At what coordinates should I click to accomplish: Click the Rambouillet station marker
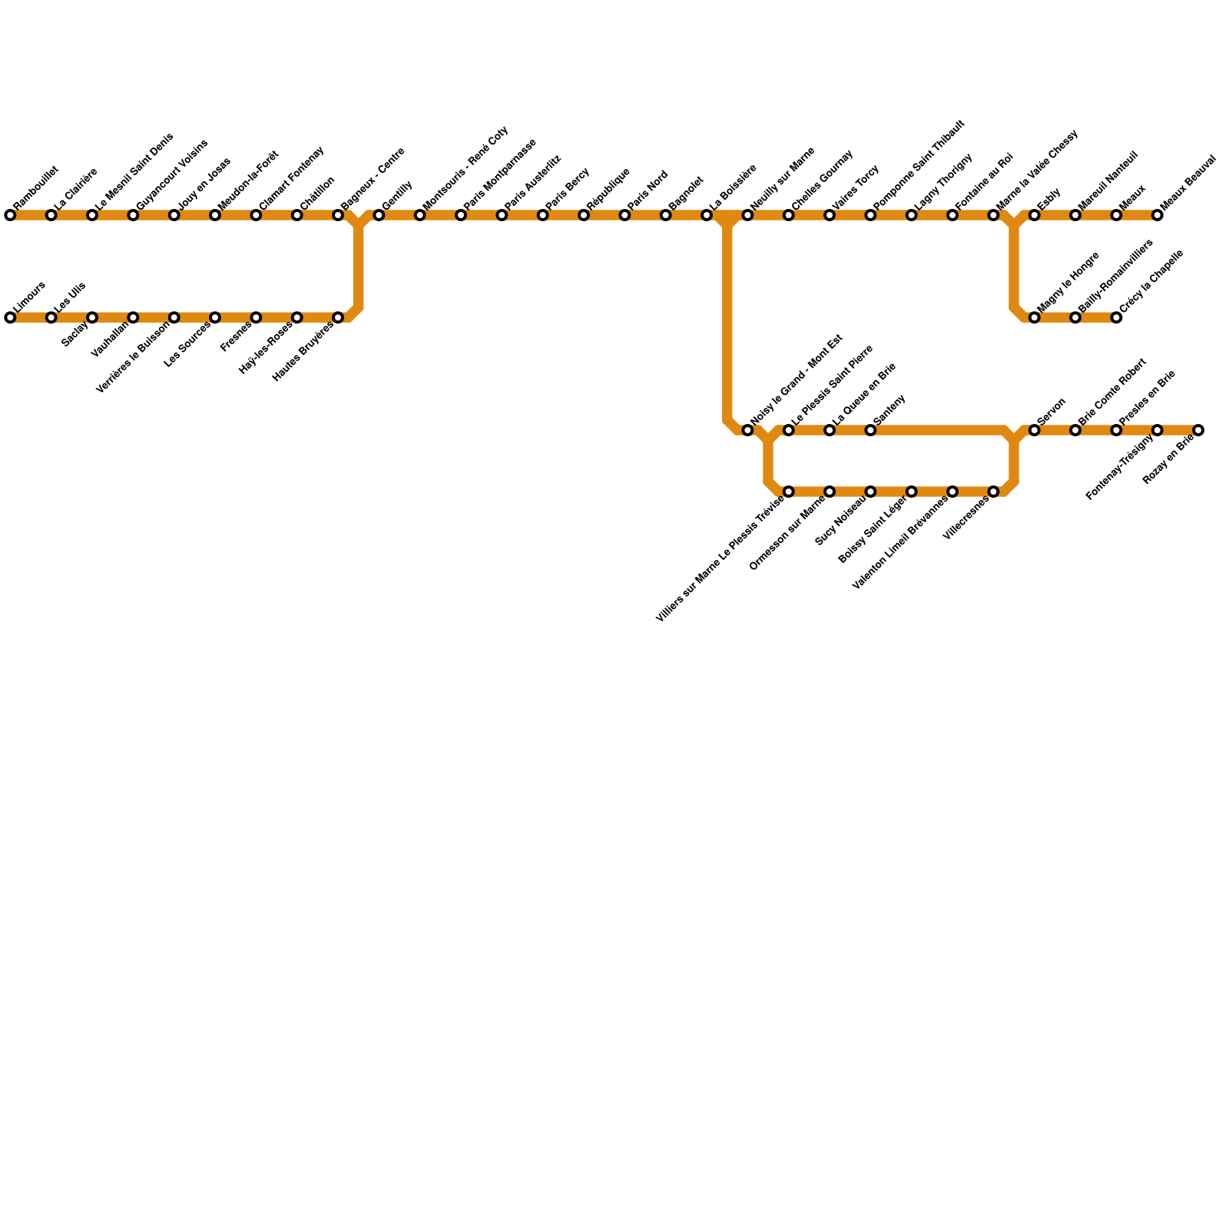pyautogui.click(x=10, y=215)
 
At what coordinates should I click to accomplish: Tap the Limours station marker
pyautogui.click(x=10, y=317)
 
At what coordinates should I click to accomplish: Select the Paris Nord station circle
pyautogui.click(x=624, y=215)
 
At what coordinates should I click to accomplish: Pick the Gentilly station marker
pyautogui.click(x=379, y=215)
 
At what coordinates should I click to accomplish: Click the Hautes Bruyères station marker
pyautogui.click(x=338, y=317)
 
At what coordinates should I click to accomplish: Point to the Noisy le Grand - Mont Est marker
pyautogui.click(x=747, y=430)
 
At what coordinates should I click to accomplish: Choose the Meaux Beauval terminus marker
pyautogui.click(x=1158, y=215)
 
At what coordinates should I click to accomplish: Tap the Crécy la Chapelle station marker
pyautogui.click(x=1116, y=317)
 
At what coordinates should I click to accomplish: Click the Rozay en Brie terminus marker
pyautogui.click(x=1198, y=430)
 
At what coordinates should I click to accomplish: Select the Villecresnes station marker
pyautogui.click(x=993, y=492)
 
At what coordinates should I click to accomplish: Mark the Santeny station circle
pyautogui.click(x=870, y=430)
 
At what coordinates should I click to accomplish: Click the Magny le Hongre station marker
pyautogui.click(x=1035, y=317)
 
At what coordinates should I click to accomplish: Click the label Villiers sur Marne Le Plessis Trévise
pyautogui.click(x=721, y=558)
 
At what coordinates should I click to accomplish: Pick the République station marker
pyautogui.click(x=584, y=215)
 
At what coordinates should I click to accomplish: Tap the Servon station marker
pyautogui.click(x=1035, y=430)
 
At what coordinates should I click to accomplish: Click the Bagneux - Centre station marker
pyautogui.click(x=338, y=215)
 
